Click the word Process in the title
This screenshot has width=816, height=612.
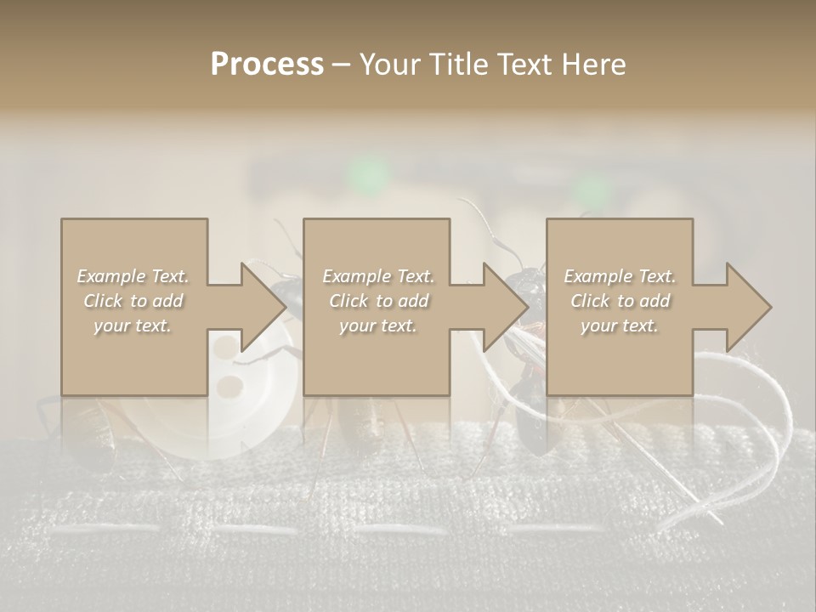(267, 65)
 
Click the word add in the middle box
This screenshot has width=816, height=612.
(412, 301)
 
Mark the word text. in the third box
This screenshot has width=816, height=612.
(639, 326)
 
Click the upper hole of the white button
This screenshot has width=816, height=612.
(225, 348)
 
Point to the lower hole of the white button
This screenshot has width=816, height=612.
(228, 388)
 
